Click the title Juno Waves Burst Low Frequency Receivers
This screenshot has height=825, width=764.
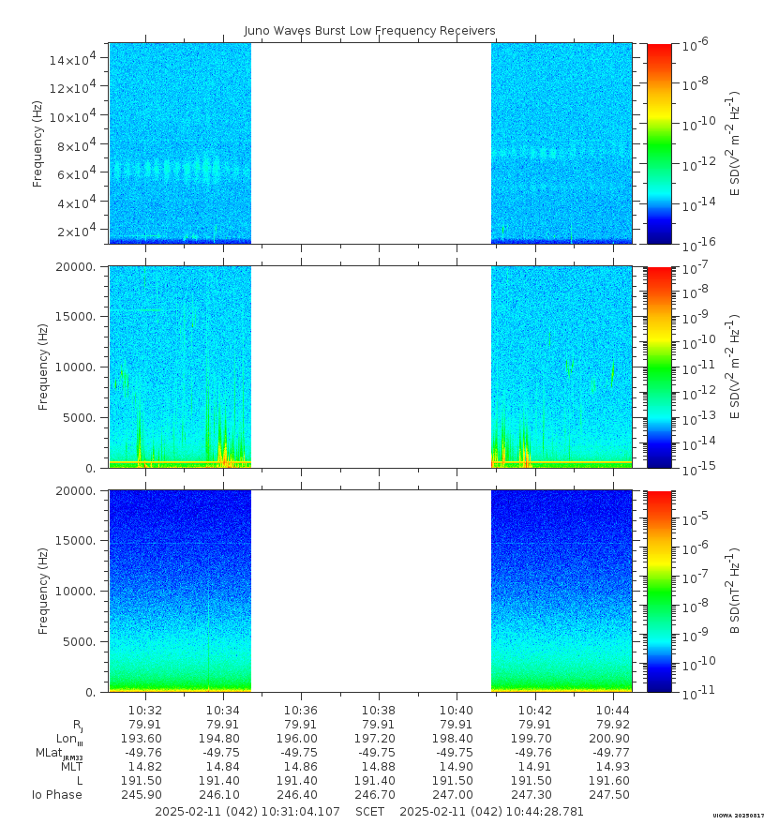click(x=369, y=31)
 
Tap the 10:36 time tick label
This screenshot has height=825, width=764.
click(x=301, y=710)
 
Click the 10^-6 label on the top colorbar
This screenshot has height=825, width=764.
click(x=696, y=45)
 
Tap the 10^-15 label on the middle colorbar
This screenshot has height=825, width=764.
click(x=697, y=467)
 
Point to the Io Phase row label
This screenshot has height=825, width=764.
click(x=57, y=795)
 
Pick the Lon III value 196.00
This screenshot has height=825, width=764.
click(x=301, y=739)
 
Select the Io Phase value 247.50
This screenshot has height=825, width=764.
click(x=613, y=795)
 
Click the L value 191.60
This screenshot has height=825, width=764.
click(x=613, y=781)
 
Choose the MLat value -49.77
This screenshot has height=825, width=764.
click(x=613, y=753)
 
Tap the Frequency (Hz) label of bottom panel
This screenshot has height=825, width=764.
click(x=43, y=591)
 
